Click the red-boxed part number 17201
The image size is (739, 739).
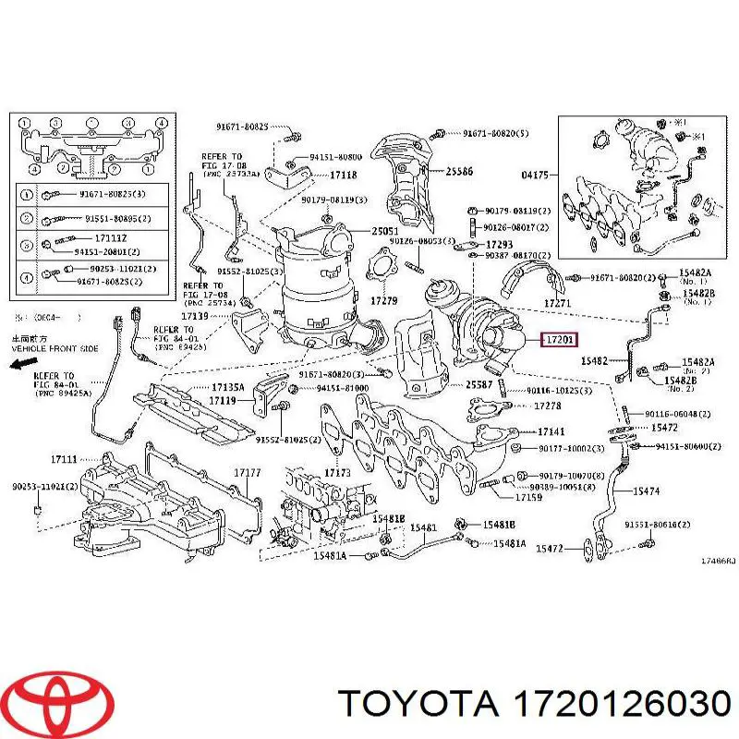pyautogui.click(x=559, y=340)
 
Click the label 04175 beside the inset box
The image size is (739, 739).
pyautogui.click(x=534, y=174)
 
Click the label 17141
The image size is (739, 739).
pyautogui.click(x=552, y=432)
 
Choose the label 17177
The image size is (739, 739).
pyautogui.click(x=247, y=473)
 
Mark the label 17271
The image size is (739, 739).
pyautogui.click(x=557, y=302)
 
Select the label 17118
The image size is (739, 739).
pyautogui.click(x=343, y=174)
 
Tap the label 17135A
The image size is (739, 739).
pyautogui.click(x=226, y=388)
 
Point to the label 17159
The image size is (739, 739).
pyautogui.click(x=528, y=498)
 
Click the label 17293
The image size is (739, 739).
pyautogui.click(x=500, y=243)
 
